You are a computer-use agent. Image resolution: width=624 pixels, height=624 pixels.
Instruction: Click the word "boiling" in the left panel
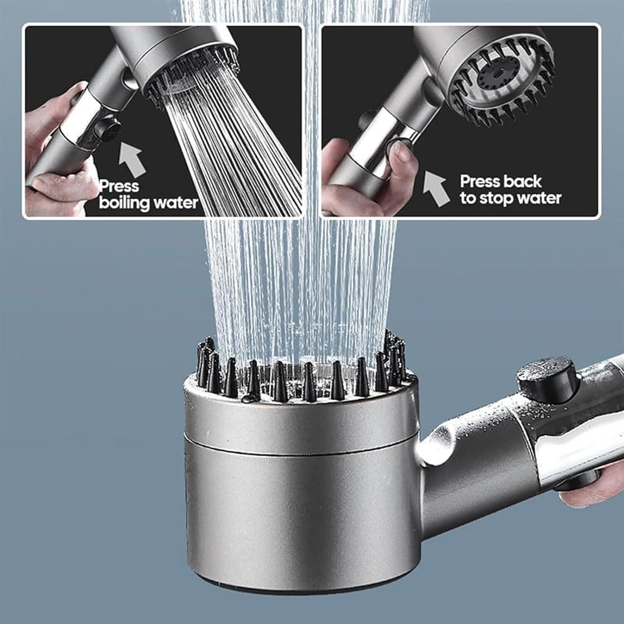pyautogui.click(x=124, y=203)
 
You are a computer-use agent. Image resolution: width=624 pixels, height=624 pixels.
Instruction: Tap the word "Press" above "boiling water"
pyautogui.click(x=119, y=186)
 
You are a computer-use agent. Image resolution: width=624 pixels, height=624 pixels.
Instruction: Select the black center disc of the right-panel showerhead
pyautogui.click(x=495, y=79)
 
